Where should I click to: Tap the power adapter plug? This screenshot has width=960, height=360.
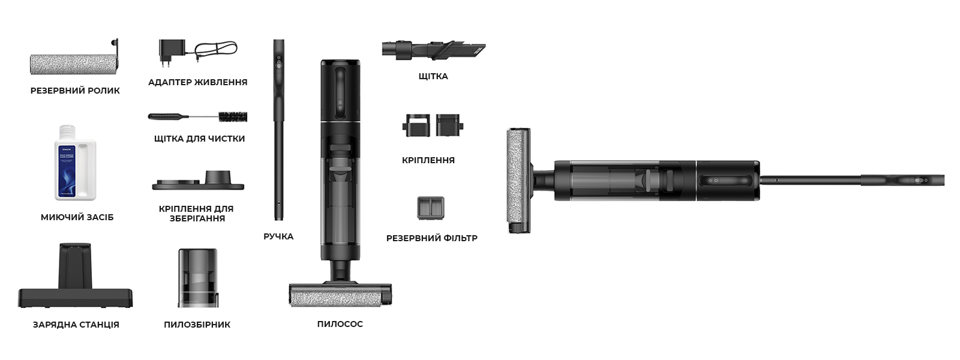point(172,52)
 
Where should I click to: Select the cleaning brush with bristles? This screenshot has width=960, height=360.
point(197,116)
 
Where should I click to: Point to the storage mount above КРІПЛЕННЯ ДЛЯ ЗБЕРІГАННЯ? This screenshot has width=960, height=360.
point(198,182)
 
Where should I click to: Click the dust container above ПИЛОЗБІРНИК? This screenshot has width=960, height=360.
point(197,278)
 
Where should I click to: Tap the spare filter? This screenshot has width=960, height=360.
point(431,208)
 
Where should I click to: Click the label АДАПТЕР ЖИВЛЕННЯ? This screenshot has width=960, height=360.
point(197,82)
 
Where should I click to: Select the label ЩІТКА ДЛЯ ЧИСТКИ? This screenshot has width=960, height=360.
point(199,139)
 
